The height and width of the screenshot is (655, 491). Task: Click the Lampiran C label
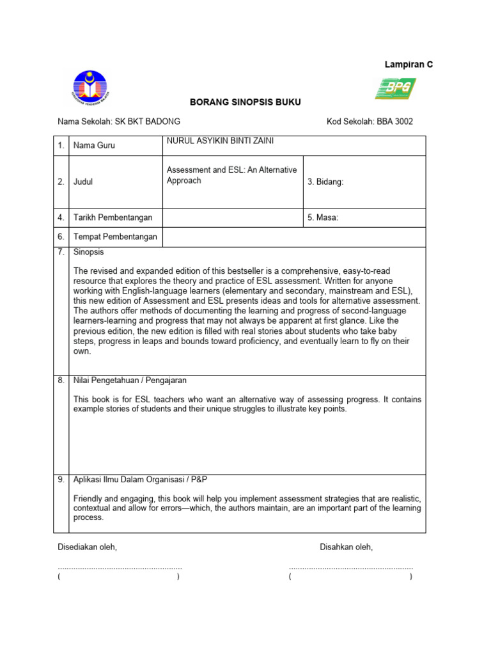click(x=408, y=65)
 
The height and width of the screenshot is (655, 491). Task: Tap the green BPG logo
click(x=394, y=88)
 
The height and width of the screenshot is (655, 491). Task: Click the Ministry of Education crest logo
click(x=90, y=89)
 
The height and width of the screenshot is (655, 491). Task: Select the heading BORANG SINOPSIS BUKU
click(x=245, y=102)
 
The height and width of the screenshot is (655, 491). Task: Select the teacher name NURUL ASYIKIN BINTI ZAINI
click(x=220, y=141)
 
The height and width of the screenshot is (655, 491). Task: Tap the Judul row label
click(x=83, y=182)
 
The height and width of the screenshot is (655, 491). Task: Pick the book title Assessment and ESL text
click(x=231, y=175)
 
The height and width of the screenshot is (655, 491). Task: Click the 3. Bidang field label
click(x=325, y=182)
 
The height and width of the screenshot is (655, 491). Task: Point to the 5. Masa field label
click(x=323, y=217)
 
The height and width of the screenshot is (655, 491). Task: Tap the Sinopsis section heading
click(x=89, y=252)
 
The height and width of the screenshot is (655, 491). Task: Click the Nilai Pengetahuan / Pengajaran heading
click(x=130, y=381)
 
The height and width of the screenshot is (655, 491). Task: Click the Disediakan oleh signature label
click(x=88, y=547)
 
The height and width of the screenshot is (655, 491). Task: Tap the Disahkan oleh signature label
click(x=346, y=547)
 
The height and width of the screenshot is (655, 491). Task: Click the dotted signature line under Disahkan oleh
click(x=350, y=567)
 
